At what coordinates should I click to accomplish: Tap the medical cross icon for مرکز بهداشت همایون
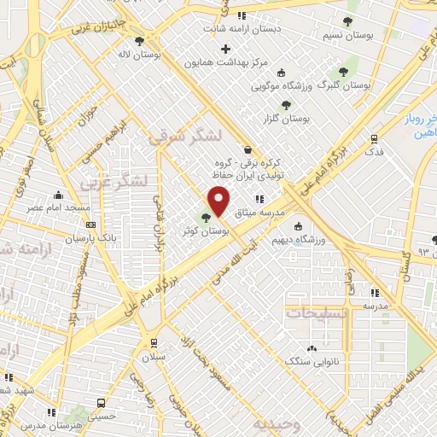225,50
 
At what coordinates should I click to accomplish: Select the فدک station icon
373,140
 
